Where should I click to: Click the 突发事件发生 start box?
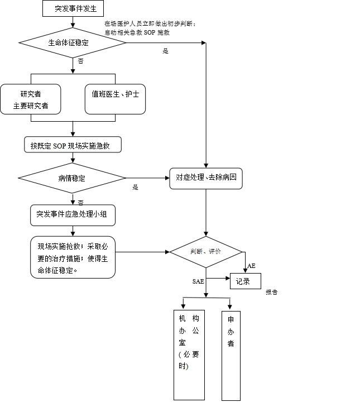[73, 8]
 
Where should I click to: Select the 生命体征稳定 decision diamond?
[73, 42]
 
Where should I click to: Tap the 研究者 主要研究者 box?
[31, 99]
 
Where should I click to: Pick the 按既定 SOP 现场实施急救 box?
[73, 145]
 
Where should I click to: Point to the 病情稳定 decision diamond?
[73, 178]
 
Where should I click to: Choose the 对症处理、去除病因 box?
[206, 178]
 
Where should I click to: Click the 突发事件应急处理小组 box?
[73, 214]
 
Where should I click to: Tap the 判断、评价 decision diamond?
[206, 252]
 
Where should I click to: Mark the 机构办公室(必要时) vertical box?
[189, 355]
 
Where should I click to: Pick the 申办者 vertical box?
[231, 356]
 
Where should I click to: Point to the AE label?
[252, 266]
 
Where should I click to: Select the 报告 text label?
[272, 292]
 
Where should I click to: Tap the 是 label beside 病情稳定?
[135, 188]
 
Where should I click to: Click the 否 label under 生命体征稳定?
[80, 61]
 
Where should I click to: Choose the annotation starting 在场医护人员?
[150, 28]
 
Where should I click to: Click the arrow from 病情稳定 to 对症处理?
[148, 178]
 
